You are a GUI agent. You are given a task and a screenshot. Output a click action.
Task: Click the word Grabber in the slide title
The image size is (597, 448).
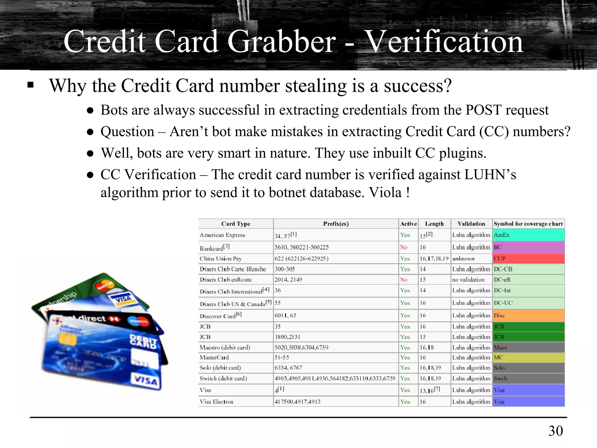[x=282, y=42]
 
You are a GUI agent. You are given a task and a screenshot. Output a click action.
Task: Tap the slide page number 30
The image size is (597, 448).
[x=556, y=431]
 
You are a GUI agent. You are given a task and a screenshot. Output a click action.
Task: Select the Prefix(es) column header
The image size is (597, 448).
[x=336, y=224]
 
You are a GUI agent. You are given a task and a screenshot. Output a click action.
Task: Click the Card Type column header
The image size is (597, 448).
[x=236, y=224]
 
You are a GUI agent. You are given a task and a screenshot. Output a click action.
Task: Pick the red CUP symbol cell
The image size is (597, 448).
[x=528, y=259]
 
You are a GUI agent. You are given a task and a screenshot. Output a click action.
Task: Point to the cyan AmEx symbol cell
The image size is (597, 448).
[x=528, y=235]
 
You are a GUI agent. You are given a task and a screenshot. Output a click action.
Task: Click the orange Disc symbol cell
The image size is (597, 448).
[x=528, y=316]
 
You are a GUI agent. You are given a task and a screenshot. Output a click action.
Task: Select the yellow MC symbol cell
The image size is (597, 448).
[x=528, y=358]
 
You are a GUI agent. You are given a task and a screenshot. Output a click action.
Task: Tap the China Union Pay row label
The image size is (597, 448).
[x=221, y=259]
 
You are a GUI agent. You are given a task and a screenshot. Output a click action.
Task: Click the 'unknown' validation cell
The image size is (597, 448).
[x=463, y=259]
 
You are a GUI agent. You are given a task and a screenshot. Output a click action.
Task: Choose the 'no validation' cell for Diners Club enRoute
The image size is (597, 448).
[x=468, y=280]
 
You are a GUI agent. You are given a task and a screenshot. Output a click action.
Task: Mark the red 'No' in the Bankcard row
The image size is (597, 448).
[x=404, y=247]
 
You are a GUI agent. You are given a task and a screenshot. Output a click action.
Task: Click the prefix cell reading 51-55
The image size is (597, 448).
[x=282, y=358]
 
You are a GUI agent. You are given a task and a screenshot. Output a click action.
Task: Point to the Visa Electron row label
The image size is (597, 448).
[x=216, y=402]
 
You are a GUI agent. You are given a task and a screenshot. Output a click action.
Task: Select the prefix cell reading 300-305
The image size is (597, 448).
[x=285, y=269]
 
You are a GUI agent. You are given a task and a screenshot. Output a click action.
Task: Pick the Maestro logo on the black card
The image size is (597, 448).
[x=138, y=321]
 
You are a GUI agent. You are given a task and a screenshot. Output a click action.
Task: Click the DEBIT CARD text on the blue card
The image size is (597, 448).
[x=143, y=341]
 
